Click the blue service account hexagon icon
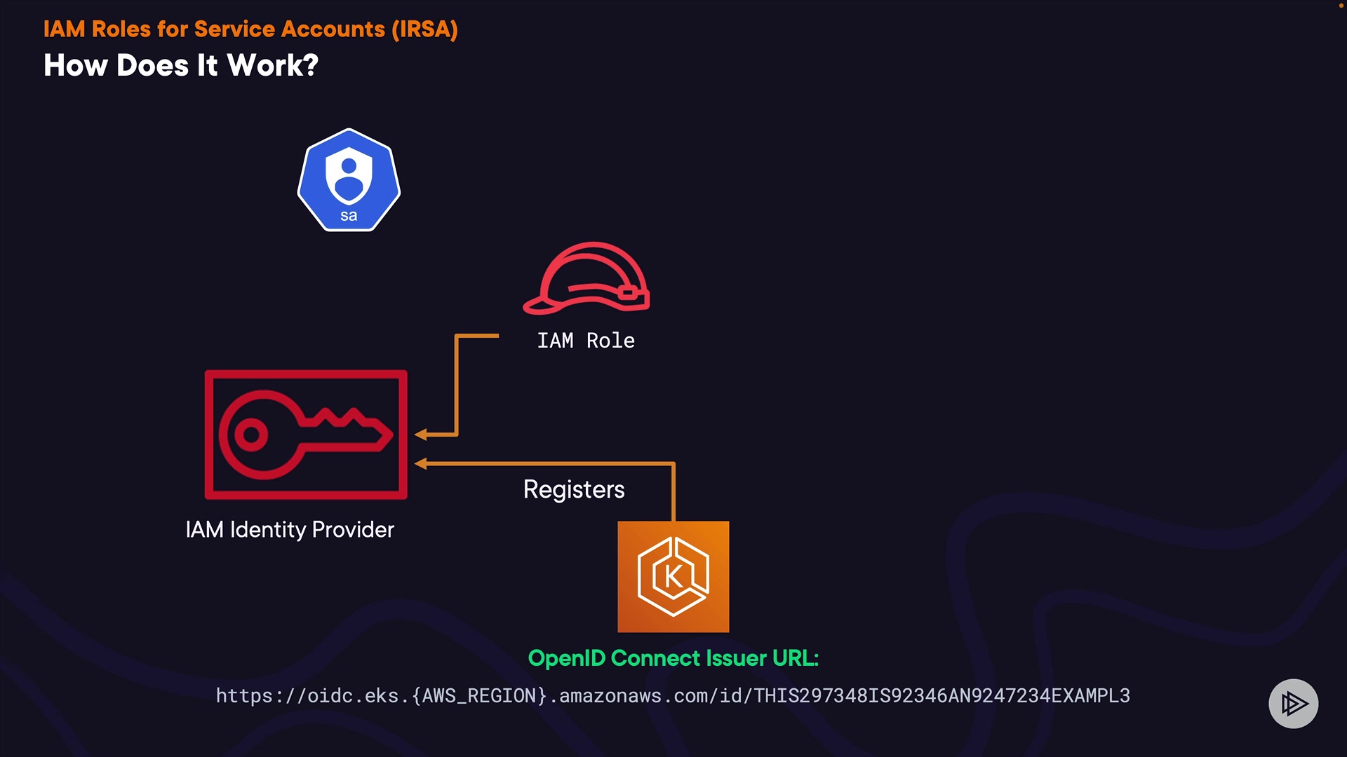click(x=349, y=180)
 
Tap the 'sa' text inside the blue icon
click(x=349, y=216)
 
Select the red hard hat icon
click(x=587, y=278)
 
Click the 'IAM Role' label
click(x=586, y=341)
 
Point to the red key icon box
click(x=306, y=435)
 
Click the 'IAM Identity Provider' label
click(x=290, y=530)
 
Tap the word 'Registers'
click(x=574, y=489)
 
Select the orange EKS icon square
click(x=673, y=577)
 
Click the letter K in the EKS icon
click(x=673, y=577)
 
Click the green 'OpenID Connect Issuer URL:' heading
click(x=673, y=658)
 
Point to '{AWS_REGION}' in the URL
click(x=479, y=696)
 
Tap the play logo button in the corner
click(x=1294, y=704)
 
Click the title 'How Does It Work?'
click(x=181, y=66)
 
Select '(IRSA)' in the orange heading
click(x=424, y=29)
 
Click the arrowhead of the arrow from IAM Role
click(x=420, y=435)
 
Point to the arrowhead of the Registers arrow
click(x=420, y=463)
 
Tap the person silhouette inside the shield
click(x=349, y=179)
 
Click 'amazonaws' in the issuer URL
click(x=610, y=696)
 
